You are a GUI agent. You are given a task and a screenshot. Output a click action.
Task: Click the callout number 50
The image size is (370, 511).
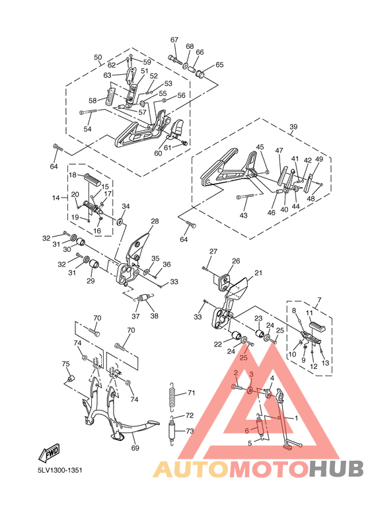click(98, 58)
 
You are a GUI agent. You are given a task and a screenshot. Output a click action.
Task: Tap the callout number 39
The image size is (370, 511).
click(293, 127)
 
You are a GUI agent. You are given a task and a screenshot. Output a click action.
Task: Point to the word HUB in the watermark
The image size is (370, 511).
click(336, 469)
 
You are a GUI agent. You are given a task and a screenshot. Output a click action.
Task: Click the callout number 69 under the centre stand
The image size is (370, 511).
click(135, 448)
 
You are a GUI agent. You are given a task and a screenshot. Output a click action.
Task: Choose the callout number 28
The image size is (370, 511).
click(155, 221)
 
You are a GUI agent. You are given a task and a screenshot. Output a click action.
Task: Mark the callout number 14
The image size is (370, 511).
click(56, 198)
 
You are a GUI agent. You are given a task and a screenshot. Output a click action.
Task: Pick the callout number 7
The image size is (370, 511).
click(318, 301)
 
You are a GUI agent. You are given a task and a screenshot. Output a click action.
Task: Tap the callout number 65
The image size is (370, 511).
click(219, 65)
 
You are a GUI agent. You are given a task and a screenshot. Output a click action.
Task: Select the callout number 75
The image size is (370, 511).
click(65, 364)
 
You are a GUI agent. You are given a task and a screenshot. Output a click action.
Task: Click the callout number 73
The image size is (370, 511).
click(190, 431)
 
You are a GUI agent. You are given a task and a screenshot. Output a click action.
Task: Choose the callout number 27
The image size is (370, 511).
click(213, 252)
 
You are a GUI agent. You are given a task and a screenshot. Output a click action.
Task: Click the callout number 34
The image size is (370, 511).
click(126, 207)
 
